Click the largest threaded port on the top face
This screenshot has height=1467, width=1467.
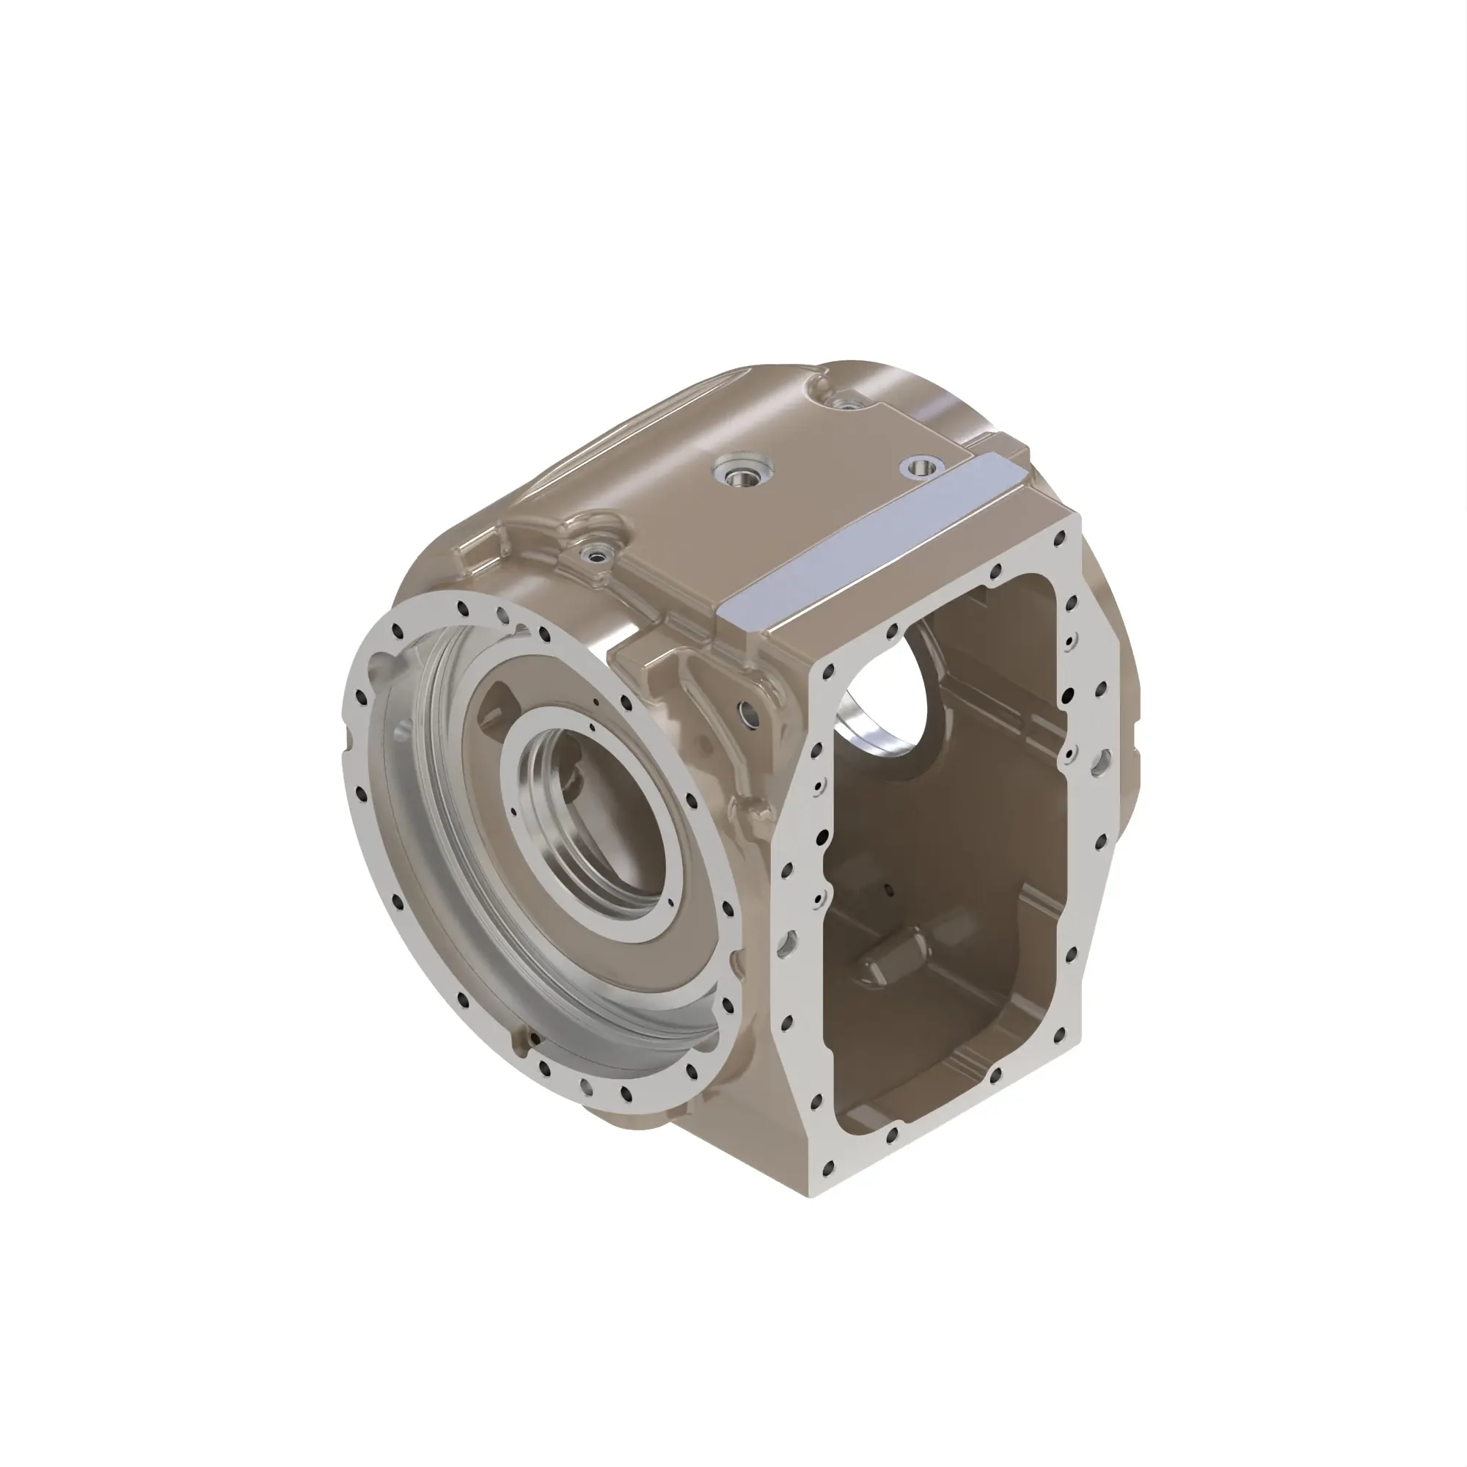[x=740, y=475]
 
